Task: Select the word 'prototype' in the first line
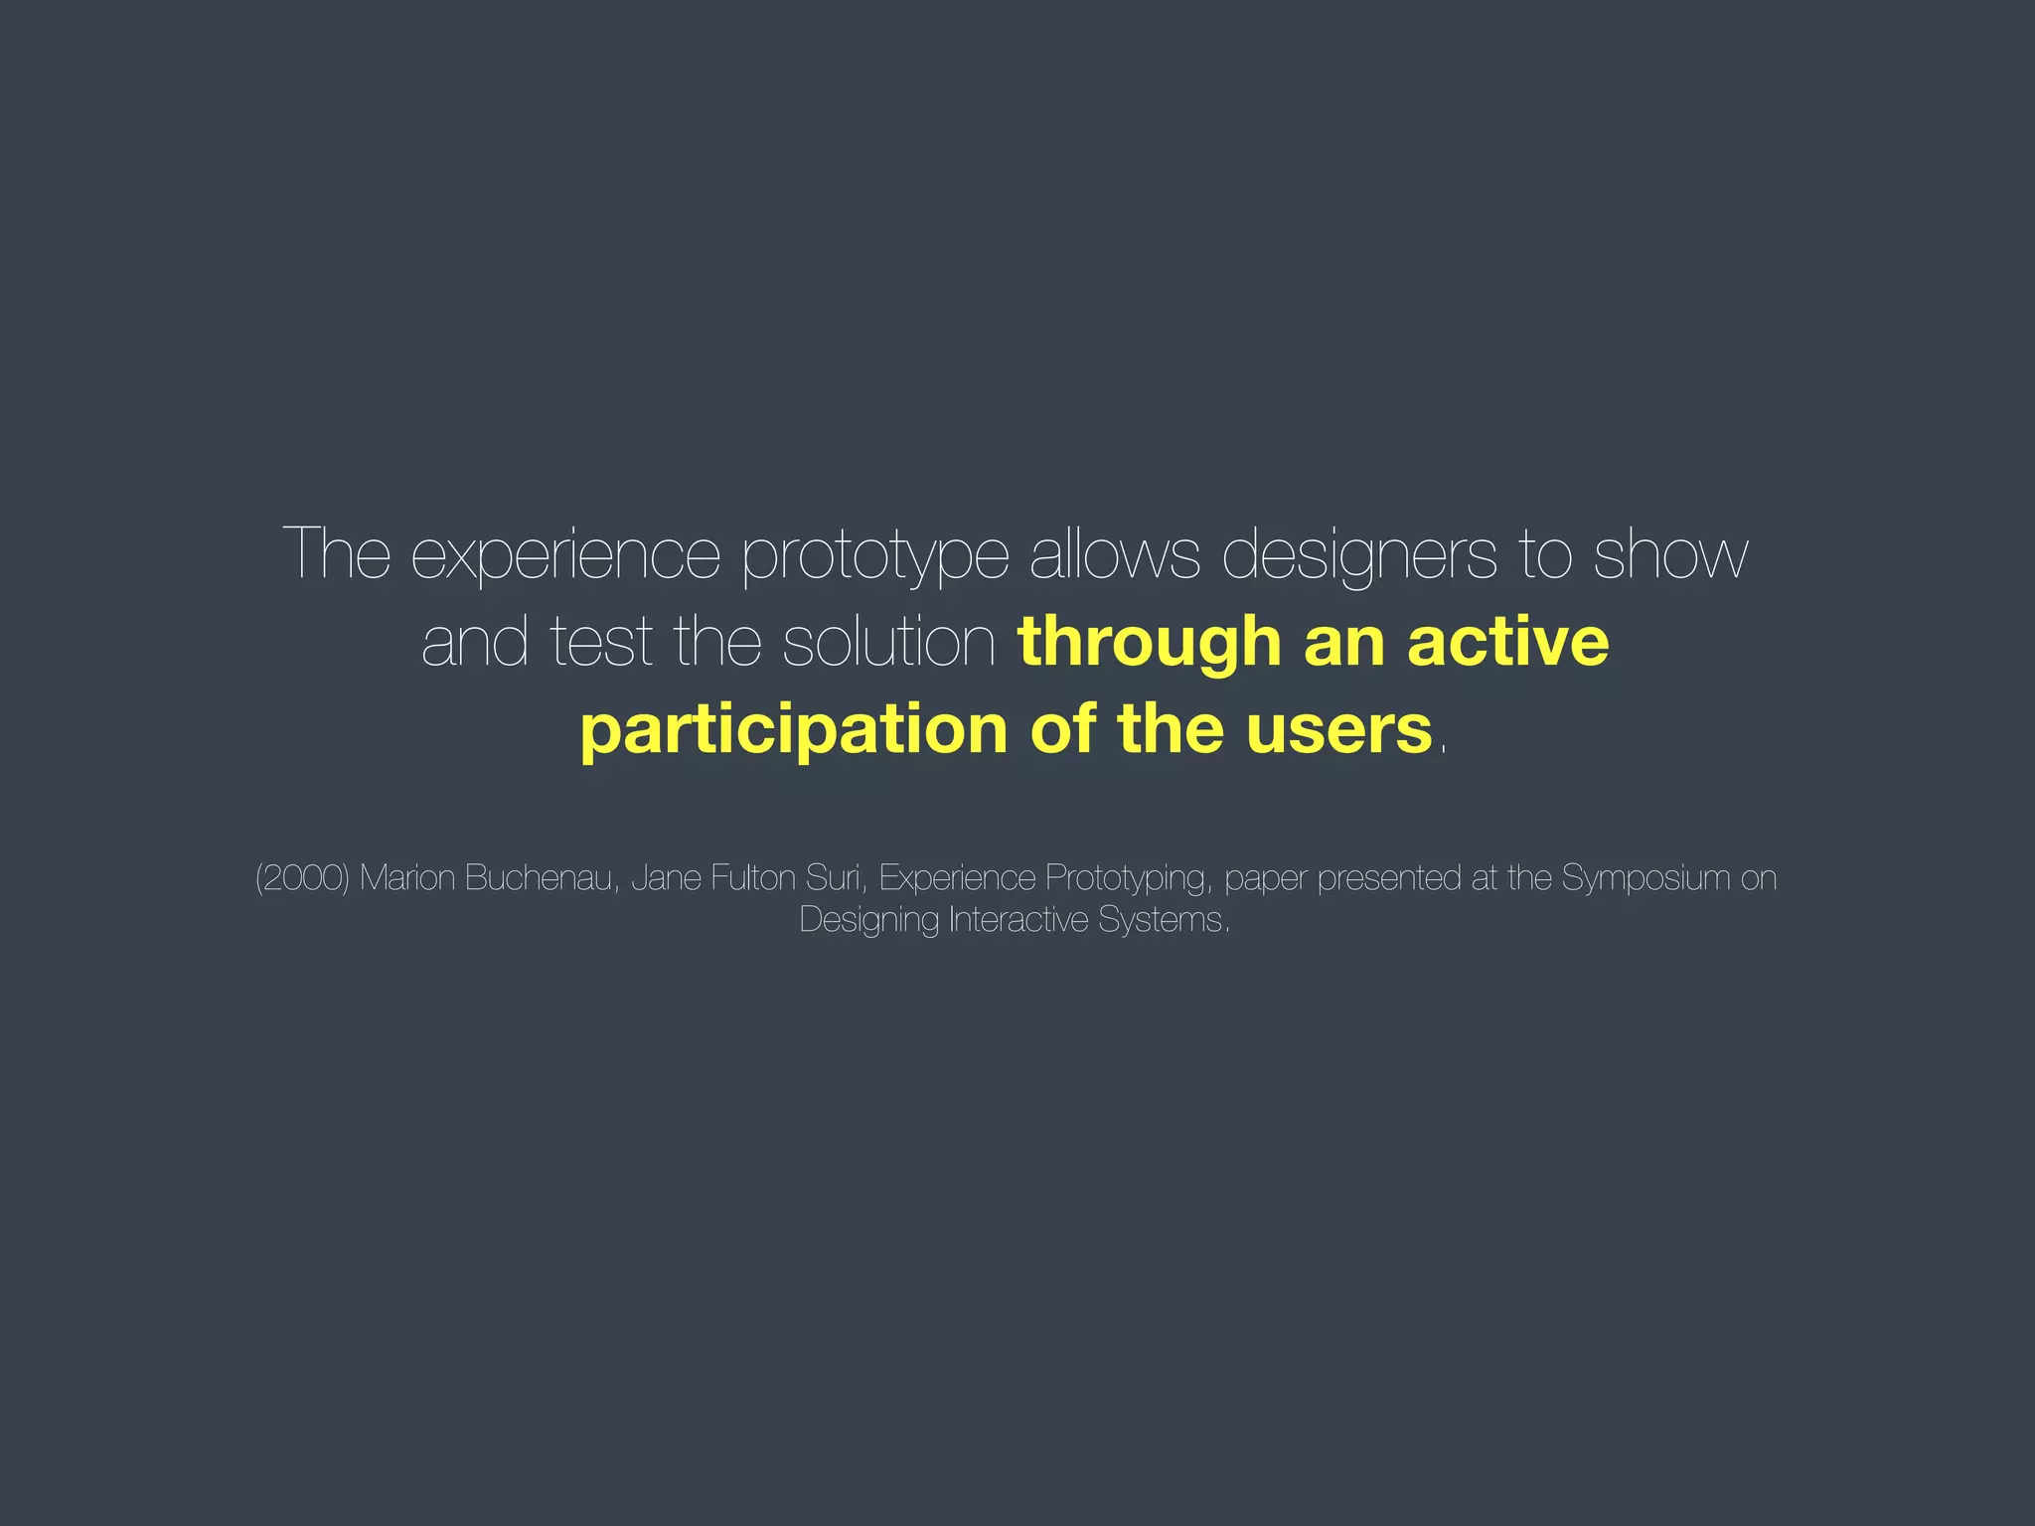[x=875, y=556]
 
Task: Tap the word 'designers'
[x=1358, y=556]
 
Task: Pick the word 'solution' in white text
[x=889, y=642]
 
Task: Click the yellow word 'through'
[x=1149, y=644]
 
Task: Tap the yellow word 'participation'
[x=794, y=731]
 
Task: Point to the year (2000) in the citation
[x=302, y=878]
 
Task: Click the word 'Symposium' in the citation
[x=1645, y=878]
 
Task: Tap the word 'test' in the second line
[x=600, y=644]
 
